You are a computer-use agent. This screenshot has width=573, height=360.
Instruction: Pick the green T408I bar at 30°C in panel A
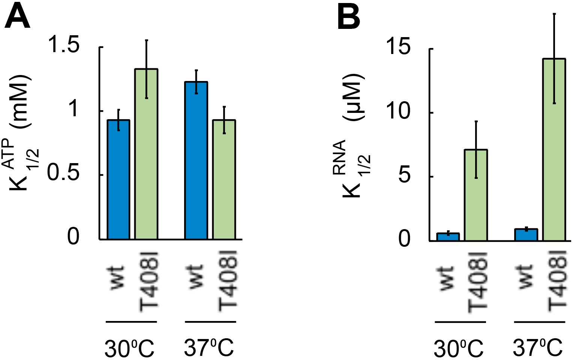click(146, 154)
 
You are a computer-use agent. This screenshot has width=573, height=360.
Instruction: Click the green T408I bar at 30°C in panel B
click(476, 195)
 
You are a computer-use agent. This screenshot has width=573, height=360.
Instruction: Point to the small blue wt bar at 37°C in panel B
click(526, 235)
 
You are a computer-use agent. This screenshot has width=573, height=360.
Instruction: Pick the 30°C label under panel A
click(129, 348)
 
